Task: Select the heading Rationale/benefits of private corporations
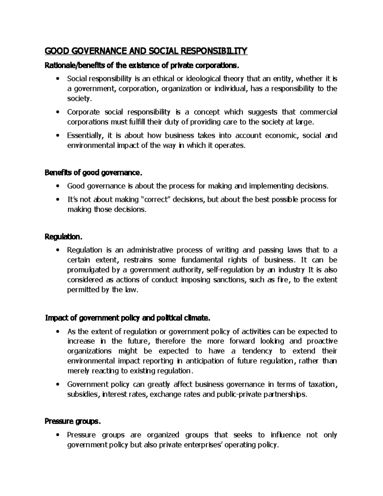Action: (x=141, y=66)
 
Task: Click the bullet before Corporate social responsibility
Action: (x=57, y=112)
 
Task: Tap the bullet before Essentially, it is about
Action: (x=57, y=135)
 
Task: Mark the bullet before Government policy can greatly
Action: (x=57, y=385)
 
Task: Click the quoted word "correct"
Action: (x=156, y=200)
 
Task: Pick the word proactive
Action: (x=322, y=341)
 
